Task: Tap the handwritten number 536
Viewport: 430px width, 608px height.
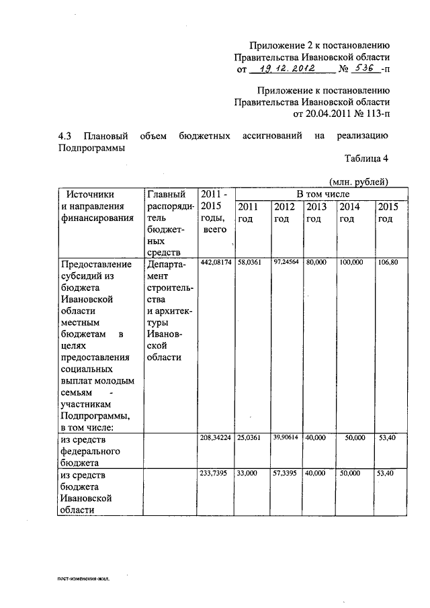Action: (363, 69)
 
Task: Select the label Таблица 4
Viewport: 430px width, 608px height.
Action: (367, 159)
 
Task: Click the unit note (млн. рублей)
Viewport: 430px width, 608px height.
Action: (359, 181)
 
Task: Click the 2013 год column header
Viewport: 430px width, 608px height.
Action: (316, 213)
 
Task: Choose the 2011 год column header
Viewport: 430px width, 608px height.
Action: (249, 213)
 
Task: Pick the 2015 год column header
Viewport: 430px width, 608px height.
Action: (388, 213)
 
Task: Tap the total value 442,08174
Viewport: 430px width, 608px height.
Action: (216, 261)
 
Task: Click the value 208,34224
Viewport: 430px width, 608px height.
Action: (216, 437)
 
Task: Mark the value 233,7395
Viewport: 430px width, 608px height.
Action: (214, 473)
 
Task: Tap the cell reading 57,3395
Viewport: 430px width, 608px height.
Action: (286, 473)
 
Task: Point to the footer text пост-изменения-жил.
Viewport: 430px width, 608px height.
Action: (83, 577)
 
